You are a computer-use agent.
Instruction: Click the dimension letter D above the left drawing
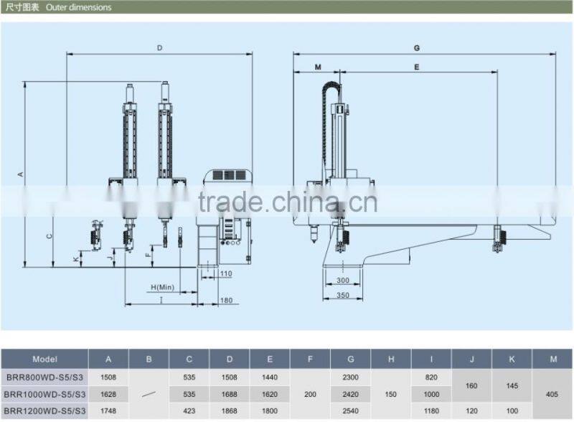[x=159, y=48]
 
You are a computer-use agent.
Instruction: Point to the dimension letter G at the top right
[x=417, y=48]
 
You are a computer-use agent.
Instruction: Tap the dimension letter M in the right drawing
[x=318, y=67]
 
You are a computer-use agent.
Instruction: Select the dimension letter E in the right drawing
[x=417, y=67]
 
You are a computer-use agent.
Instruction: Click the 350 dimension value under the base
[x=343, y=295]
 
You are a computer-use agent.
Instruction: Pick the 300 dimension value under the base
[x=343, y=280]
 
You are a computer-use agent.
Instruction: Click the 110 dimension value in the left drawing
[x=226, y=273]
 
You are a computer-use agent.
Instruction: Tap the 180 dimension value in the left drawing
[x=226, y=301]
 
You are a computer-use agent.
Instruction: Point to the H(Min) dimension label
[x=163, y=287]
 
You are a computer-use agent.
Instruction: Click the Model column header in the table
[x=44, y=359]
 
